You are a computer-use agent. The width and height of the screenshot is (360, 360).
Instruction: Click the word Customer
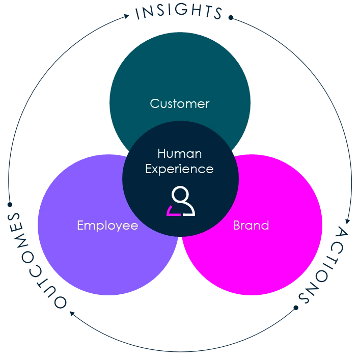(179, 104)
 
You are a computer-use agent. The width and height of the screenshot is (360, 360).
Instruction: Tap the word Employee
(107, 226)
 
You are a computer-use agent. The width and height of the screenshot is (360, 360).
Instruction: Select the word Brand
(251, 225)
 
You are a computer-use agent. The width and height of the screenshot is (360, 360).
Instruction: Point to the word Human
(180, 153)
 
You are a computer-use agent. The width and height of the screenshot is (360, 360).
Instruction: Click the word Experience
(179, 169)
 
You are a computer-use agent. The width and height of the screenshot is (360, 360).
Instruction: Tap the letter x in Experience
(156, 169)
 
